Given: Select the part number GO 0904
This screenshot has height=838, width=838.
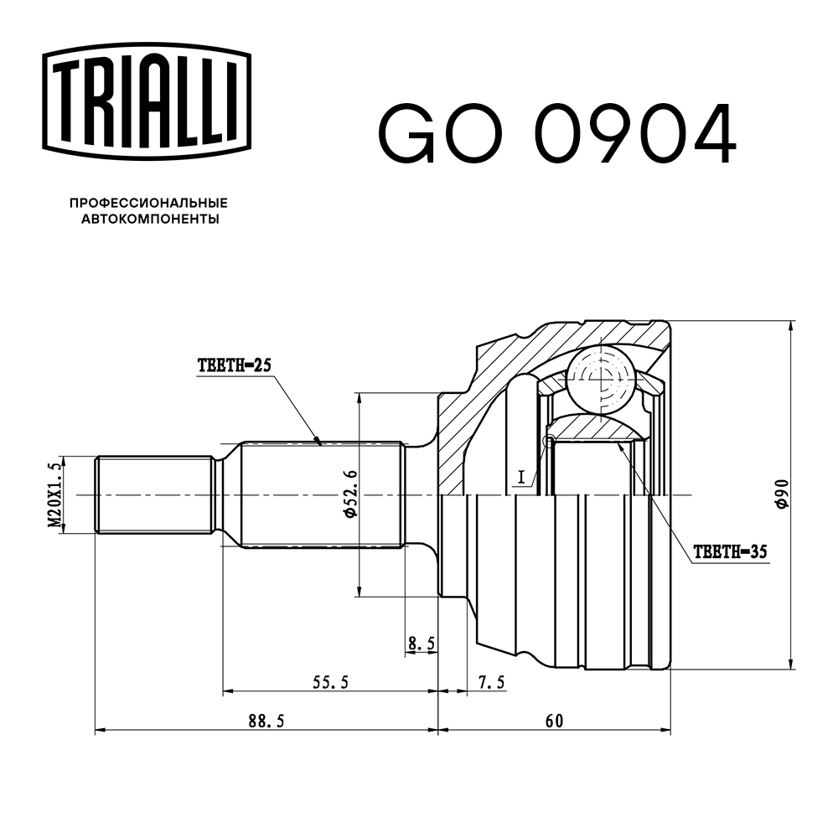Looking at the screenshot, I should (x=557, y=134).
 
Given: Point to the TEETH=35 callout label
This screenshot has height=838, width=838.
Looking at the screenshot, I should (x=730, y=552).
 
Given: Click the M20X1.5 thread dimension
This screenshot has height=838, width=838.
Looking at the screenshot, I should (x=55, y=495).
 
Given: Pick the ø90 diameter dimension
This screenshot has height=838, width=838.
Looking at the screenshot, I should (x=780, y=495).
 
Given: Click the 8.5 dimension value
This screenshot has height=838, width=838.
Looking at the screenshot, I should (x=421, y=644).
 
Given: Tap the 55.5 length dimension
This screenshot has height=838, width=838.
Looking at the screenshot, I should (x=330, y=682).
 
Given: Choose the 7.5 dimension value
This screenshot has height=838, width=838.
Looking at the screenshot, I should (x=491, y=682).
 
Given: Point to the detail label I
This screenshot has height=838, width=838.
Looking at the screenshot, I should (x=520, y=477).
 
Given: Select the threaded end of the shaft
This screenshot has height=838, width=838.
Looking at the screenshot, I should (x=154, y=494).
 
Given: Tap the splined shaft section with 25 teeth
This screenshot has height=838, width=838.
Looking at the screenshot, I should (x=318, y=494).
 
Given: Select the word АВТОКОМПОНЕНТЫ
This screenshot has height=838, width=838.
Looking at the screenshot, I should (x=149, y=220).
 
